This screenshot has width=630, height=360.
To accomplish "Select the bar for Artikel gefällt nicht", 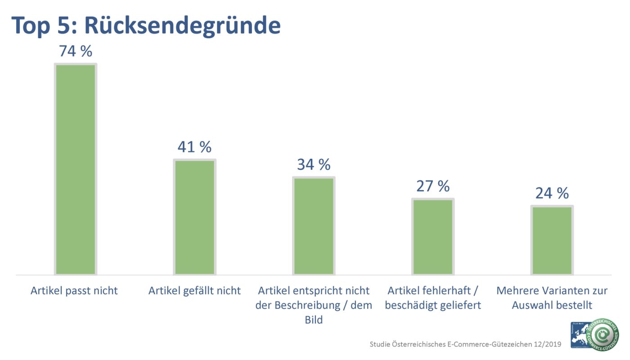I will tap(195, 217).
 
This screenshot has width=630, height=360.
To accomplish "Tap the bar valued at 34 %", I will tap(314, 226).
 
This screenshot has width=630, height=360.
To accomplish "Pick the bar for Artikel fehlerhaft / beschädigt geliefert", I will tap(433, 237).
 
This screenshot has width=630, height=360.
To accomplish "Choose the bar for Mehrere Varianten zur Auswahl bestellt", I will tap(552, 240).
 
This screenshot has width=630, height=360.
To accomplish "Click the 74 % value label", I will tap(76, 51).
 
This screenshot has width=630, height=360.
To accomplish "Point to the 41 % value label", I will tap(194, 147).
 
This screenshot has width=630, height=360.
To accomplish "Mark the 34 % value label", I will tap(314, 165).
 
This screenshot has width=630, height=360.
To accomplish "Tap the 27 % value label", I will tap(433, 186).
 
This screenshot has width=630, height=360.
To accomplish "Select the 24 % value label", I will tap(552, 193).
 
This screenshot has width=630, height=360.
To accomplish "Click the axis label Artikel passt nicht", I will tap(74, 291).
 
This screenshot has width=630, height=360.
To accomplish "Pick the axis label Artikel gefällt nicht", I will tap(194, 291).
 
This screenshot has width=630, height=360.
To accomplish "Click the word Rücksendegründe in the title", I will tap(182, 26).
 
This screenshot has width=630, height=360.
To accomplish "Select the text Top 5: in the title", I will tap(44, 26).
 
